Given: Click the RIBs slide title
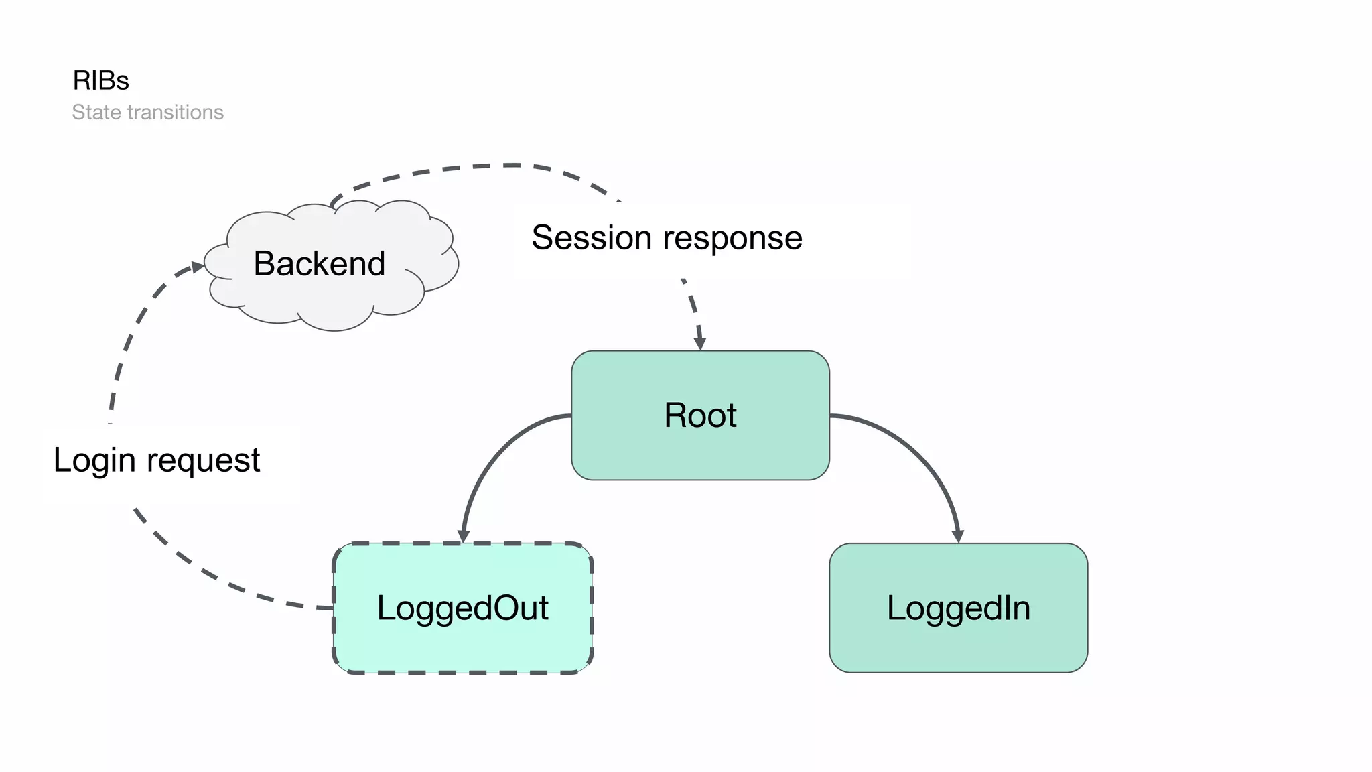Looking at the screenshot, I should coord(100,80).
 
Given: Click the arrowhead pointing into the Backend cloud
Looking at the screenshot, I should coord(198,267).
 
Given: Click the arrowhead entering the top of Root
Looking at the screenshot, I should coord(700,344).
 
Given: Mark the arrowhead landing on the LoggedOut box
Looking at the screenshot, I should coord(464,537).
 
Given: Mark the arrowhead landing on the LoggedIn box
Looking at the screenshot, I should coord(958,537).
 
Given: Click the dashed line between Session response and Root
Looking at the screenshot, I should coord(694,308).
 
